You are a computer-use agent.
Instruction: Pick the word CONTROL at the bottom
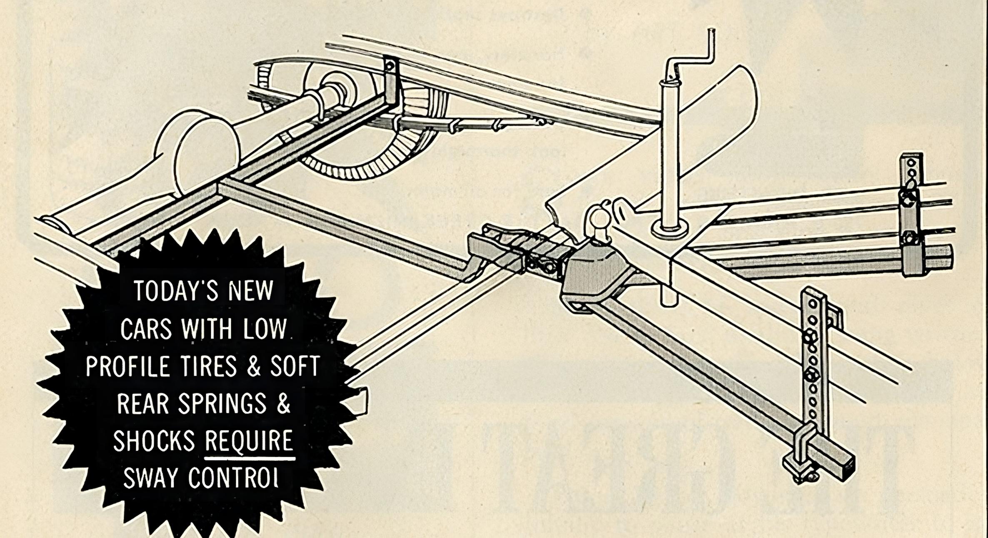[233, 478]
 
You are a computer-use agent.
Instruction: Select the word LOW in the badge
[265, 329]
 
